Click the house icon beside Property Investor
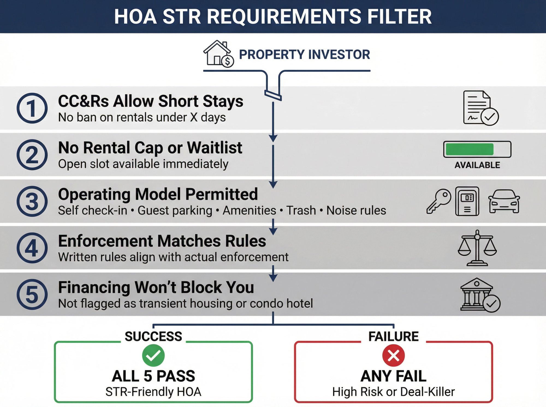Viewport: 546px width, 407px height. pos(218,54)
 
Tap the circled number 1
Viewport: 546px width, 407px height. pos(32,108)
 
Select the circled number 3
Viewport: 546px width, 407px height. pos(32,201)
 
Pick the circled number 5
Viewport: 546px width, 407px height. pos(32,294)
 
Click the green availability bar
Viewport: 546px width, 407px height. pos(470,149)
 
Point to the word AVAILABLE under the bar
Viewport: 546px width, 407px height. pos(477,165)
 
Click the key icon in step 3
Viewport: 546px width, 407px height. pos(439,201)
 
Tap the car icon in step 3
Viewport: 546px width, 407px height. pos(504,201)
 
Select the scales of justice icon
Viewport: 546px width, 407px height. pos(477,248)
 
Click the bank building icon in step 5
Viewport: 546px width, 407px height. pos(476,294)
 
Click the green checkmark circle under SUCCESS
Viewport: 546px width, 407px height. pos(153,355)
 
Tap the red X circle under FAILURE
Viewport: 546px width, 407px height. pos(393,355)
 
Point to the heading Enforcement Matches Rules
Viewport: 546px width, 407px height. pos(162,241)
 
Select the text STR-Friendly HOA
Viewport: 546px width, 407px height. pos(153,392)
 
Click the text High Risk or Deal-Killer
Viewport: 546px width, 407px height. pos(393,392)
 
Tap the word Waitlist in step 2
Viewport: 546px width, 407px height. pos(215,148)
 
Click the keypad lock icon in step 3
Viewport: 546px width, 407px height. pos(467,201)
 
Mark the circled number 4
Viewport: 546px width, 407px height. pos(32,248)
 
